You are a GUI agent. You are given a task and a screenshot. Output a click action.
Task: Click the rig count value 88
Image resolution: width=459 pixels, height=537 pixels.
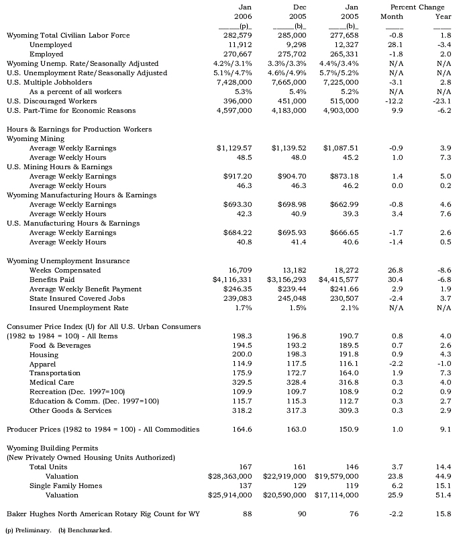[x=246, y=514]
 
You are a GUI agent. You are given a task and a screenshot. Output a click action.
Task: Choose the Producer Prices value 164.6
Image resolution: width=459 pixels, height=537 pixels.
[x=240, y=428]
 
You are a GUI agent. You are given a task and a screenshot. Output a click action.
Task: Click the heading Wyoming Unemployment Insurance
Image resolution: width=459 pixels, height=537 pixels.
[x=68, y=260]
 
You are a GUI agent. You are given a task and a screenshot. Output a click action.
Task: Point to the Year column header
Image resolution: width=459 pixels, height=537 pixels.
[x=442, y=15]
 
